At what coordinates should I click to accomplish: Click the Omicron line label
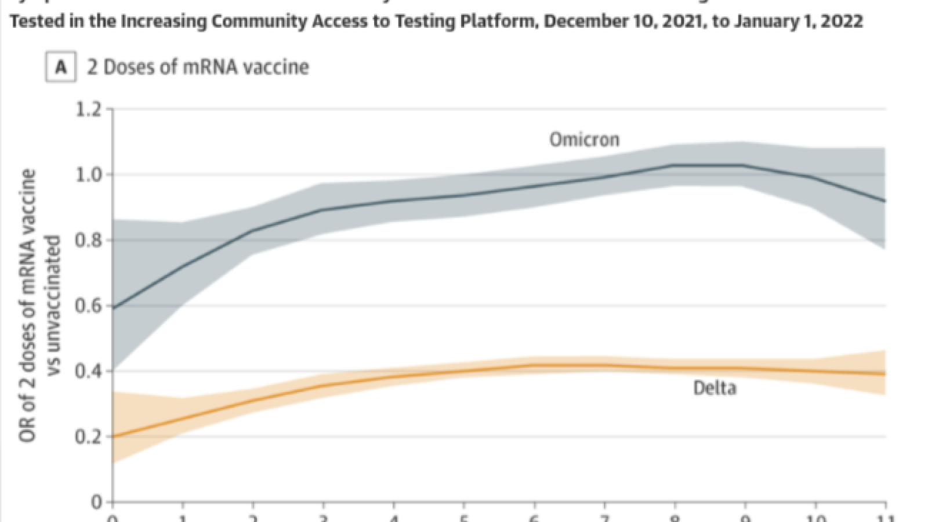(584, 140)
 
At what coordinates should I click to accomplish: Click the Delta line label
(715, 387)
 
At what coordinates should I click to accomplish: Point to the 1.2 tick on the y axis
(89, 109)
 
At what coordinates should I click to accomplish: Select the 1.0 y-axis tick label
(89, 175)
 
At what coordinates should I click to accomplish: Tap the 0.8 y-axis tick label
(89, 240)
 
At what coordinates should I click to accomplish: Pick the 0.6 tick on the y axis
(89, 306)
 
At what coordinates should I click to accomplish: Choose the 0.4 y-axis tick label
(89, 371)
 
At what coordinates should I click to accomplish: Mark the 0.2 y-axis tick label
(89, 437)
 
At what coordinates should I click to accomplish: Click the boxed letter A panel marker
(61, 67)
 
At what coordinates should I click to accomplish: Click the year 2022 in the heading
(840, 21)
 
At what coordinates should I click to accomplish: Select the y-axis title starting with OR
(27, 306)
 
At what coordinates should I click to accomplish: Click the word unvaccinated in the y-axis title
(53, 306)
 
